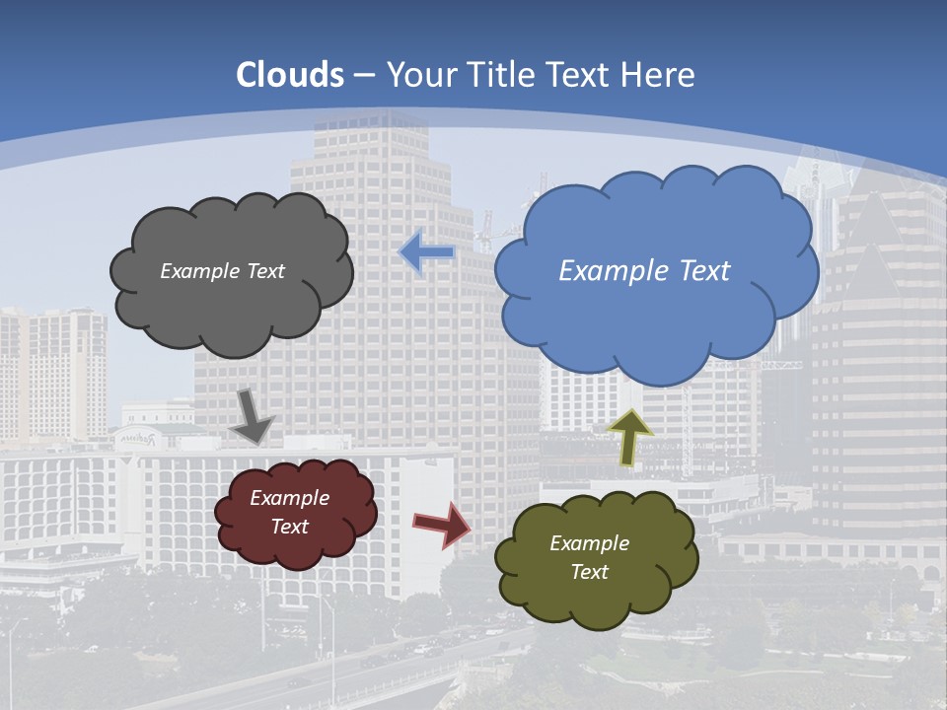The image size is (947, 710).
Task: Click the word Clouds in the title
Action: pyautogui.click(x=290, y=75)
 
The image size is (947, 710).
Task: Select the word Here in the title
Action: pyautogui.click(x=662, y=75)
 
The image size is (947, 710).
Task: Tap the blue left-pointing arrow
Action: pyautogui.click(x=426, y=253)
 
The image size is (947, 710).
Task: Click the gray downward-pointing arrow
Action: pyautogui.click(x=254, y=414)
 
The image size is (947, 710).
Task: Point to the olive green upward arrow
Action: pyautogui.click(x=630, y=436)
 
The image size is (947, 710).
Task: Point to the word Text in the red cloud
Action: pyautogui.click(x=290, y=527)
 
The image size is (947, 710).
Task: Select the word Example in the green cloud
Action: pyautogui.click(x=589, y=543)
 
